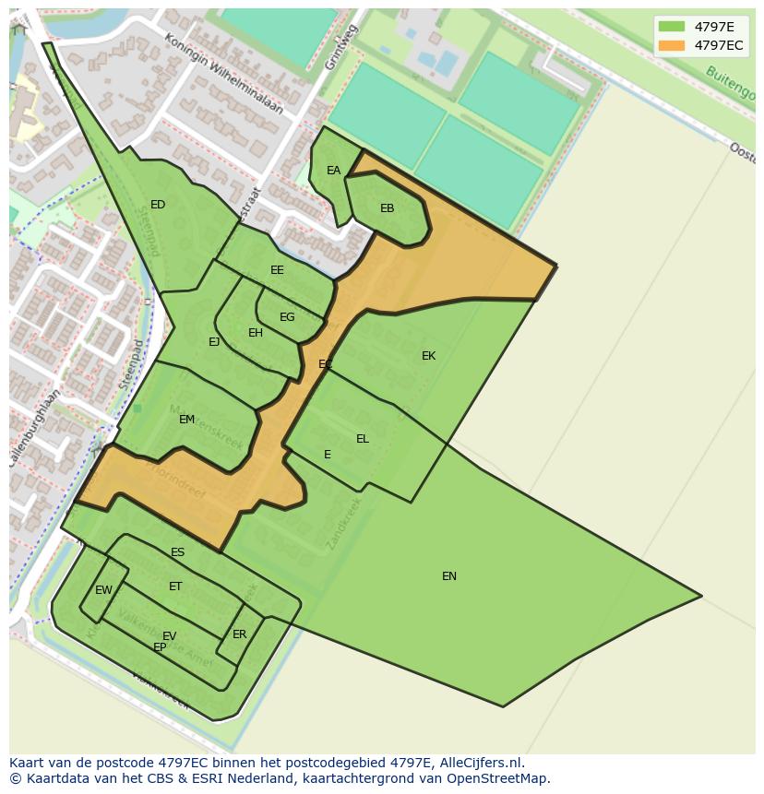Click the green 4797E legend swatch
[x=672, y=27]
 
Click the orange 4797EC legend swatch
[x=672, y=45]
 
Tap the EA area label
[x=333, y=171]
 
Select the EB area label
[x=387, y=208]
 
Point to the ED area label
[x=158, y=205]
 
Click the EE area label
[x=277, y=270]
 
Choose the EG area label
[x=287, y=317]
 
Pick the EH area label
[x=256, y=333]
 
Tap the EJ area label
[x=214, y=342]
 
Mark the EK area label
[x=428, y=356]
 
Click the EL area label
[x=362, y=439]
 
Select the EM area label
[x=186, y=420]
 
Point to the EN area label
[x=449, y=576]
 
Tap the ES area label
[x=177, y=553]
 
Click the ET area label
[x=175, y=587]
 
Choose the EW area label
[x=103, y=590]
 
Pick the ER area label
[x=239, y=634]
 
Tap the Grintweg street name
[x=340, y=46]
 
